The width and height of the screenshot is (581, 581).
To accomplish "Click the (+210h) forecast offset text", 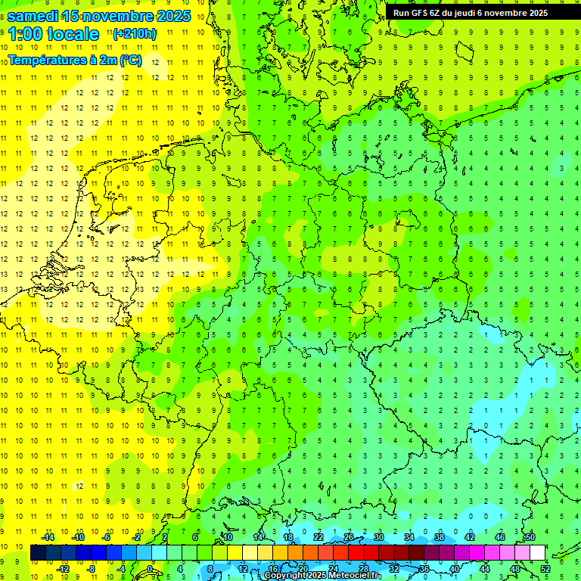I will click(135, 33).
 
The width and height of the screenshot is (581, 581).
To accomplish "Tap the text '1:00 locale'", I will click(54, 34).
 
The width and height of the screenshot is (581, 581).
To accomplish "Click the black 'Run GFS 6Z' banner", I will click(476, 13).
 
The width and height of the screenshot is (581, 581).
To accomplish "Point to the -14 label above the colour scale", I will click(48, 537).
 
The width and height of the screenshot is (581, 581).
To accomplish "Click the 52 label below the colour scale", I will click(545, 568).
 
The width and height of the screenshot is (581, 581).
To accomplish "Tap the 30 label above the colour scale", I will click(378, 537).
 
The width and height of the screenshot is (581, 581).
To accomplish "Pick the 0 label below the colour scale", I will click(151, 568).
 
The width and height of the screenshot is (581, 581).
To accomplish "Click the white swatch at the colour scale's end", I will click(538, 553).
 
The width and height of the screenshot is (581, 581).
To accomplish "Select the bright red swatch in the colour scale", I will click(356, 553).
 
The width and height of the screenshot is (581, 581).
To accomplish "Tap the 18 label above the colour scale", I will click(287, 537).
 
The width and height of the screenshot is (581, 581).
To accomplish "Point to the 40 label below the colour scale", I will click(454, 568).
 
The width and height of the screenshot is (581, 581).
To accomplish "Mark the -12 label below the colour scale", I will click(63, 568).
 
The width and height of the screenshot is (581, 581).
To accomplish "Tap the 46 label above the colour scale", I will click(499, 537).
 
